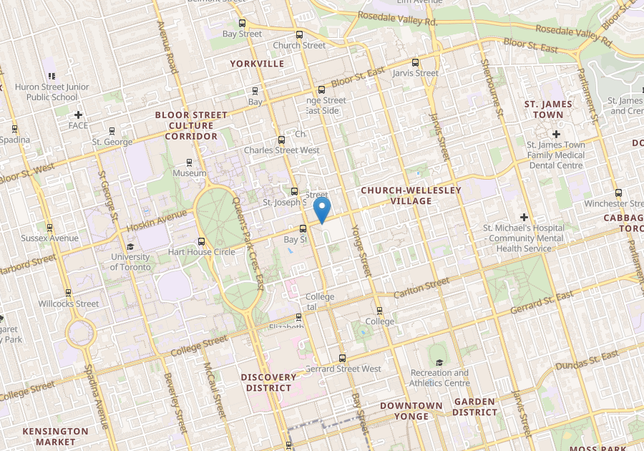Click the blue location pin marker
click(323, 210)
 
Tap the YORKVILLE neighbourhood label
click(257, 64)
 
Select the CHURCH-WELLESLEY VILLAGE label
click(411, 195)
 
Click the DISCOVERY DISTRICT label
click(268, 382)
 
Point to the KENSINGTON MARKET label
click(55, 437)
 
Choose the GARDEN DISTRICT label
click(474, 407)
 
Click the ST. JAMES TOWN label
click(549, 110)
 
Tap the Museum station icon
click(189, 163)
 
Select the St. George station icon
click(112, 131)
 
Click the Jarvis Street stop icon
click(416, 62)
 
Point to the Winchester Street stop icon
click(619, 193)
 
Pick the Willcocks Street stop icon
click(68, 293)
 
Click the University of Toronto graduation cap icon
click(130, 246)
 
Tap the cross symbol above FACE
click(78, 115)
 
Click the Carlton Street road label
click(423, 290)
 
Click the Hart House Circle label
click(201, 252)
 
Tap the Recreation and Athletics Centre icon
click(439, 362)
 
